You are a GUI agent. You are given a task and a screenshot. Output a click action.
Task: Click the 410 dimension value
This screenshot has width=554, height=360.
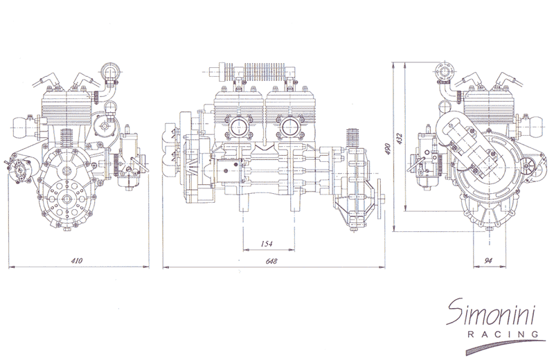77,261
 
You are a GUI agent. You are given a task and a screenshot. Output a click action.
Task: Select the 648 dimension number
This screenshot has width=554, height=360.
271,261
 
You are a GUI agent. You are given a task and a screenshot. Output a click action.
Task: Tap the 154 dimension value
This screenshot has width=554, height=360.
267,244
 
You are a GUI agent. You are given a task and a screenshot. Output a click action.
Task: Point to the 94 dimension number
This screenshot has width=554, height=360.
488,261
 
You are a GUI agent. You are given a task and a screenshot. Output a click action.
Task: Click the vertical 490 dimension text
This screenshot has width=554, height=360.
388,149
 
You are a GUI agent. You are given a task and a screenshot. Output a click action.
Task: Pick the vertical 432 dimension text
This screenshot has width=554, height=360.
400,138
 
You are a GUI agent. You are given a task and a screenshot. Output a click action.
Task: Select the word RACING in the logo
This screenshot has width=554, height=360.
503,334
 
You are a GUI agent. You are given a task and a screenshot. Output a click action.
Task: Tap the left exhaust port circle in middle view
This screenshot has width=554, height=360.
238,127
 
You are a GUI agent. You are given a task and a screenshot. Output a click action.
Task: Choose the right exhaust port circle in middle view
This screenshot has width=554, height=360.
291,127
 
